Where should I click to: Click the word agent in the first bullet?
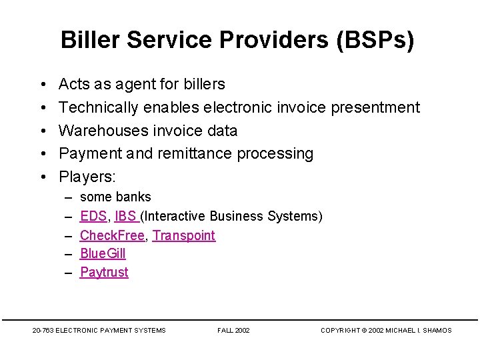[136, 85]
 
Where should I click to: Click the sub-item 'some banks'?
[115, 197]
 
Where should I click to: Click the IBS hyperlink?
[126, 216]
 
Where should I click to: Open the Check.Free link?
[112, 235]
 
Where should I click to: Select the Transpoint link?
[184, 235]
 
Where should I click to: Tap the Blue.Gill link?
[103, 253]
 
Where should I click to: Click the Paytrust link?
[104, 272]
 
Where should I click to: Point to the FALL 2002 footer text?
[233, 331]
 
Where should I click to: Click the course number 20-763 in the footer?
[43, 331]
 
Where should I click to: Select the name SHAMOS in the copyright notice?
[437, 331]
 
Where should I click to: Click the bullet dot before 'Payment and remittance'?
[42, 154]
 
